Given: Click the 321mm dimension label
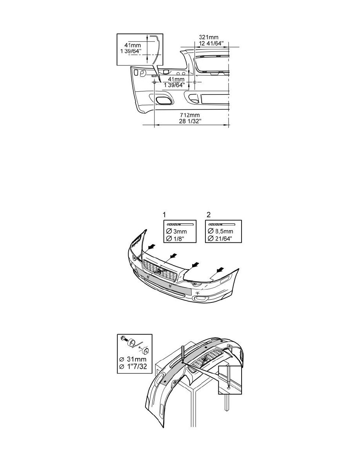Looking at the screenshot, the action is [x=209, y=37].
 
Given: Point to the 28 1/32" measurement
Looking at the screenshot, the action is [x=190, y=121].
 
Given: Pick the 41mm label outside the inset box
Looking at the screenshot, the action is [x=176, y=79].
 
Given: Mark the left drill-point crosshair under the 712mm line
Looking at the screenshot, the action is [x=155, y=82].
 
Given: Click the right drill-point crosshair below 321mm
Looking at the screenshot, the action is [x=195, y=82].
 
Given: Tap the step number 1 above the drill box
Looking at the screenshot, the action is [x=165, y=215].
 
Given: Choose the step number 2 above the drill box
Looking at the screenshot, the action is [x=209, y=215].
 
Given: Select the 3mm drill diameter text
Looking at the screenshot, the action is [x=180, y=231].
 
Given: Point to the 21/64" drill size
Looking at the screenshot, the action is [x=223, y=238].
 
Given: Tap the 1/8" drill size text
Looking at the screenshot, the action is [x=179, y=238].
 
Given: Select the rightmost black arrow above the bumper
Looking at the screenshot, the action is [x=220, y=269].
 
